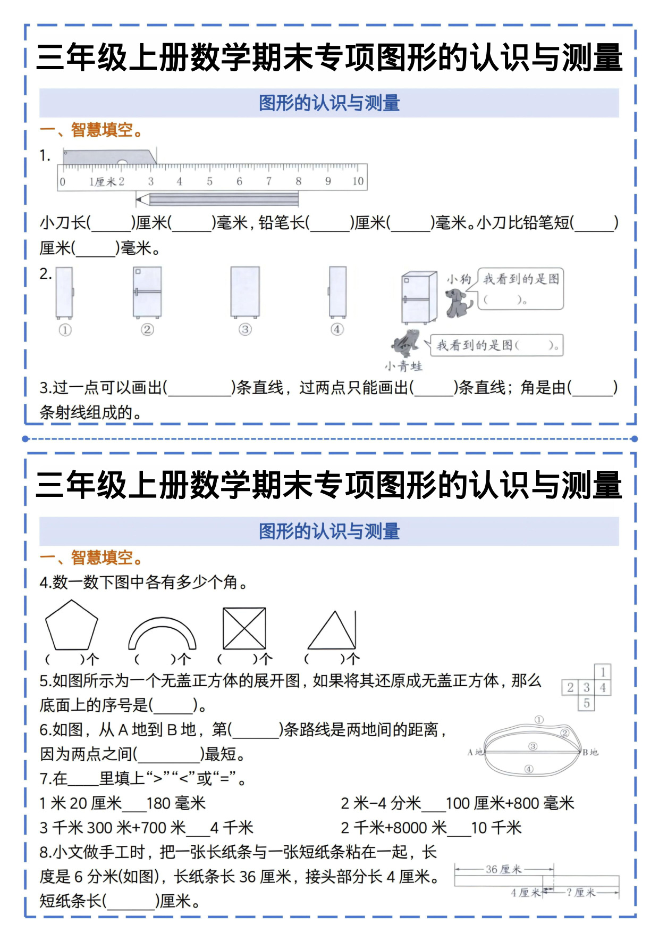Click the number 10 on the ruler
(x=358, y=181)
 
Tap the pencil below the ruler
(x=217, y=199)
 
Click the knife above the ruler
(x=109, y=157)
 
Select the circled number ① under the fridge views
(x=65, y=330)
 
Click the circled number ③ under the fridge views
(x=244, y=330)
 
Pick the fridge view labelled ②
(x=147, y=292)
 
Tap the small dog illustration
(x=458, y=302)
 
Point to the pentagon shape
(x=71, y=626)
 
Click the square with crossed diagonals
(x=244, y=628)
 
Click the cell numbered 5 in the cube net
(x=586, y=703)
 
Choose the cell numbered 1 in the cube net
(x=603, y=672)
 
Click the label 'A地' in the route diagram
(x=475, y=752)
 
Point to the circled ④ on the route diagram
(x=528, y=769)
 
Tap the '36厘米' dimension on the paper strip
(x=503, y=869)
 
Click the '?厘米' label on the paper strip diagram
(x=581, y=892)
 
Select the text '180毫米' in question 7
(x=176, y=803)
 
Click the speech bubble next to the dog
(x=521, y=289)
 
